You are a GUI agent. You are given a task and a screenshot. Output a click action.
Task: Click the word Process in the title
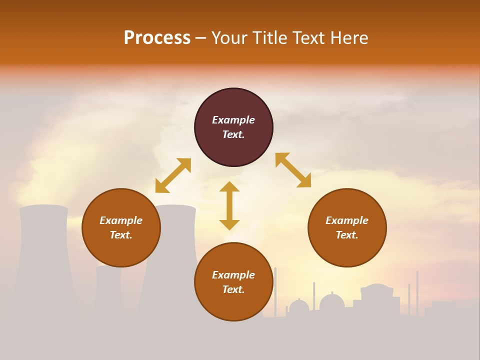coord(157,38)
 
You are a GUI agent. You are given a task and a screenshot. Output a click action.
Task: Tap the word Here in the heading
coord(349,38)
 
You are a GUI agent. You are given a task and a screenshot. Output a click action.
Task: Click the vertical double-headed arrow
coord(229,205)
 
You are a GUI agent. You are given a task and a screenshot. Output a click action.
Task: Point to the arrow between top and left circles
coord(173,175)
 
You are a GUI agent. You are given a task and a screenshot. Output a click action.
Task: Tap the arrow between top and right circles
coord(293,170)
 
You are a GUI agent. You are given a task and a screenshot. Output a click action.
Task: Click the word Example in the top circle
coord(233,120)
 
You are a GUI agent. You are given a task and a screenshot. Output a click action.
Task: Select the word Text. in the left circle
coord(121,235)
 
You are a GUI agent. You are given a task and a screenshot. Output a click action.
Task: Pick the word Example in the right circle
coord(347,220)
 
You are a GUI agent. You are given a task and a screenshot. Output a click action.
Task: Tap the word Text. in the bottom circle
coord(233,289)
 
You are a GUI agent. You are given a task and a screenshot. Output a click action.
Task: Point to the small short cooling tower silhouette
coord(108,290)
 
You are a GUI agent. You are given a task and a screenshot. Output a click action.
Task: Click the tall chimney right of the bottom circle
coord(275,290)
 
